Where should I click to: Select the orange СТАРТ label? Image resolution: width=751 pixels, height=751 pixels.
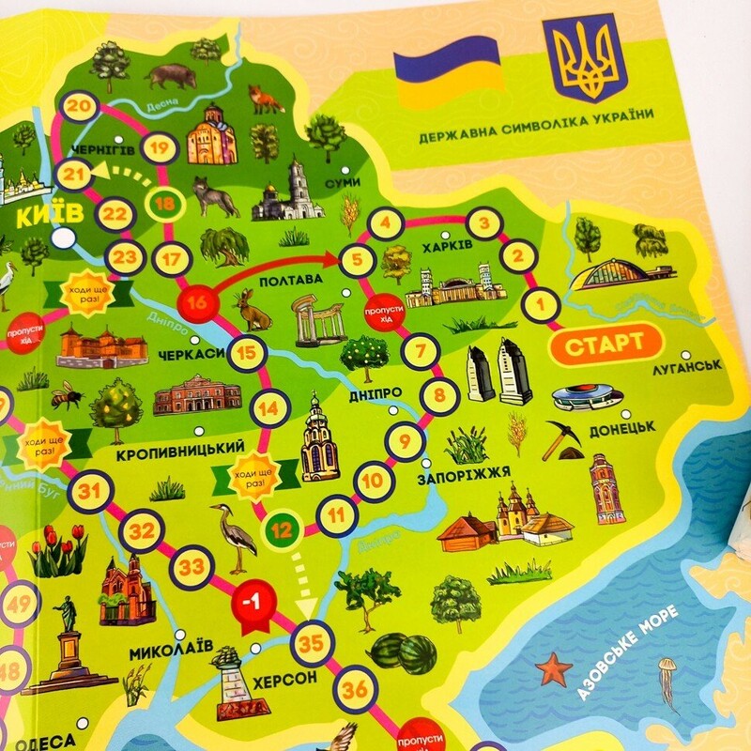coord(605,342)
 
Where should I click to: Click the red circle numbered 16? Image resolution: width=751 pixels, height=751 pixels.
coord(197,302)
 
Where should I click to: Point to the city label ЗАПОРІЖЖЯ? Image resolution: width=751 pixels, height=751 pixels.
coord(468,470)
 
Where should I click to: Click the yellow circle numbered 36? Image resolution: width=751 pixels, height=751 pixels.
coord(356,689)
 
